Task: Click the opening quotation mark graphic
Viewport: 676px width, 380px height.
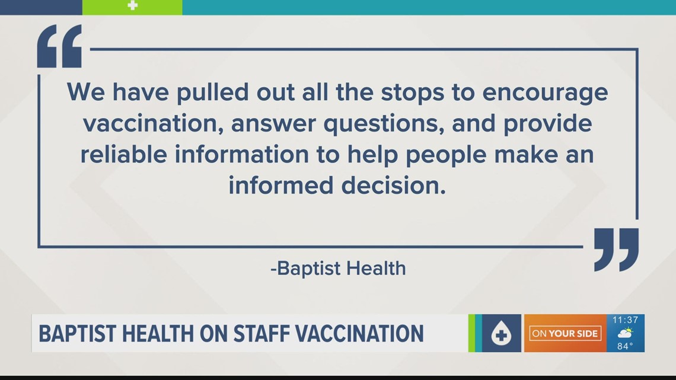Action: [x=59, y=46]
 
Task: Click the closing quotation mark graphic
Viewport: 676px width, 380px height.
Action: [x=616, y=250]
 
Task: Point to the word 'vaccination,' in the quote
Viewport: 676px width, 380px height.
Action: [x=153, y=124]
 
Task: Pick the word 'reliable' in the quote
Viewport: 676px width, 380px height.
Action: [x=124, y=154]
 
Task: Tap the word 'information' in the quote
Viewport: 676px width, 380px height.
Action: [x=241, y=154]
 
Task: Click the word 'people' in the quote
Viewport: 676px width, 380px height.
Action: [x=446, y=155]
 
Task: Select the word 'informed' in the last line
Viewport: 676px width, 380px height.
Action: [x=281, y=186]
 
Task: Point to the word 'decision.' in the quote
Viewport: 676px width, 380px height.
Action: [x=394, y=186]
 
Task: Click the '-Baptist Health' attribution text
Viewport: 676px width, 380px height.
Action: [x=338, y=268]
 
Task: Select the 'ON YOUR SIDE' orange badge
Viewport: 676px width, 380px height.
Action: [x=565, y=334]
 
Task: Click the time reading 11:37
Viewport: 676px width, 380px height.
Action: [x=625, y=320]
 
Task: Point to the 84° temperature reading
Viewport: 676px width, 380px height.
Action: [x=625, y=346]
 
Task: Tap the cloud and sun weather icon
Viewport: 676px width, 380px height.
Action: [x=625, y=333]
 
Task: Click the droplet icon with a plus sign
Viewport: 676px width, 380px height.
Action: [x=501, y=334]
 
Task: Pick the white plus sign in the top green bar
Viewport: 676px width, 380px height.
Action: [x=133, y=5]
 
